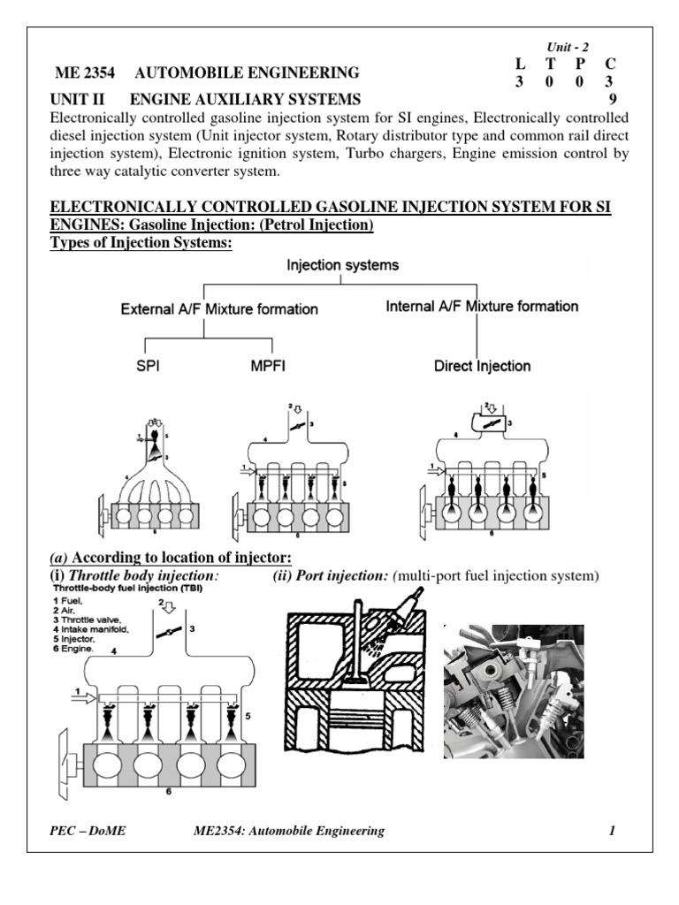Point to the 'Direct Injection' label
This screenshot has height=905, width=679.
482,365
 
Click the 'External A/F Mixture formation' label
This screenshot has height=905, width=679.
219,309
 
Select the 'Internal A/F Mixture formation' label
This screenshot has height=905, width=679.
483,307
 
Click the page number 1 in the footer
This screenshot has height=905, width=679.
611,831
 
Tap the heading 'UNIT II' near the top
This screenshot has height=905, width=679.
80,99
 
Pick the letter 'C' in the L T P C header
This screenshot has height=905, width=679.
610,65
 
